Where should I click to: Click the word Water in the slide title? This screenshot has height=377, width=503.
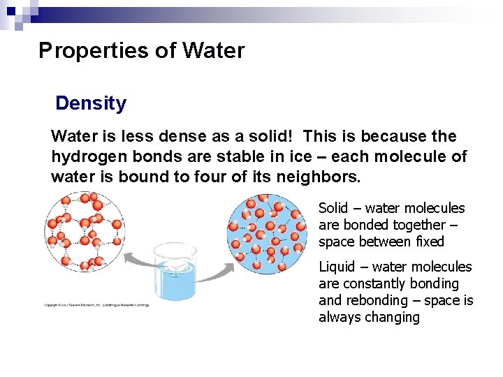(213, 51)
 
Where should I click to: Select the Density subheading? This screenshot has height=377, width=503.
(91, 104)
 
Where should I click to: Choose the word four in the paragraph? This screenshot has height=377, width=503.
(220, 177)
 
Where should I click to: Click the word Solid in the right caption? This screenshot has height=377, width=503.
(334, 208)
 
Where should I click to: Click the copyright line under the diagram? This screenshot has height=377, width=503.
(96, 305)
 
